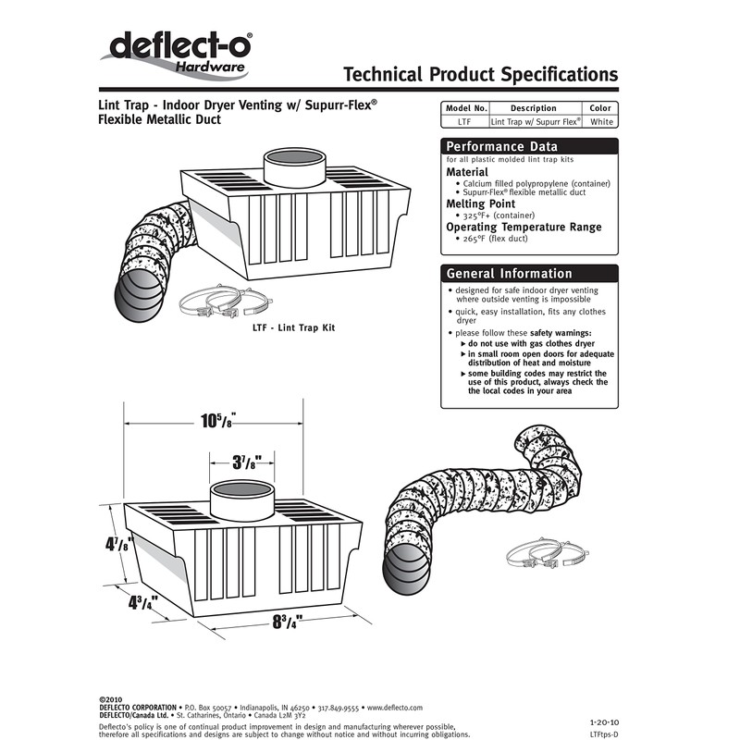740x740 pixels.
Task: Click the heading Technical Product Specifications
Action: point(479,74)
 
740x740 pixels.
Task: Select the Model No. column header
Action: point(465,108)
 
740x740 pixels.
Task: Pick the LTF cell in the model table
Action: point(465,121)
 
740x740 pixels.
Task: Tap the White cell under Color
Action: point(601,121)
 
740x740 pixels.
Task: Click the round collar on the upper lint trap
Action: point(295,166)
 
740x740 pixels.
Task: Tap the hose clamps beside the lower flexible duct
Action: point(535,553)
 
